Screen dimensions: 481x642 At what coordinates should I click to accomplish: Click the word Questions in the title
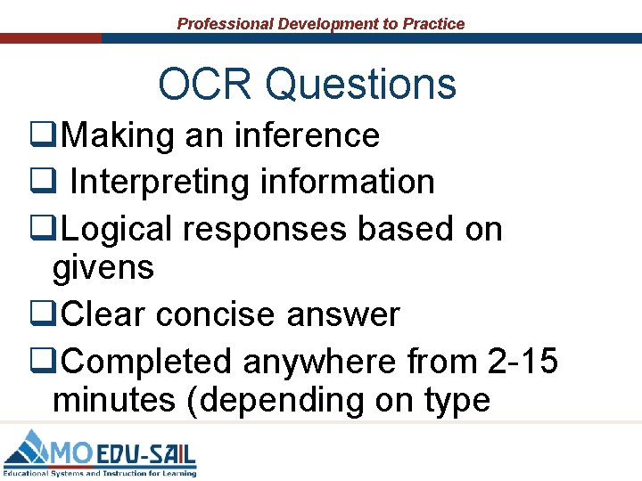(x=361, y=85)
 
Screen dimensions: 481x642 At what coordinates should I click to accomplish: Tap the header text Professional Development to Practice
(x=321, y=24)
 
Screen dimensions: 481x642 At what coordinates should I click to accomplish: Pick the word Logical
(x=118, y=229)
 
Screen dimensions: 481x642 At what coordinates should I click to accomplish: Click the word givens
(x=103, y=267)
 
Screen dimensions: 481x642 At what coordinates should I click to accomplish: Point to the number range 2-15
(x=523, y=362)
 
